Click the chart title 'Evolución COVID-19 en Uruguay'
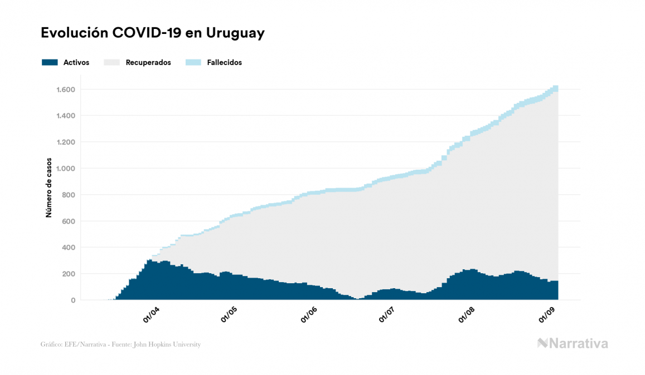click(x=152, y=33)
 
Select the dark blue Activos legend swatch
click(x=50, y=62)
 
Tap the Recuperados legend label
click(x=148, y=62)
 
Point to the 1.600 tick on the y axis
click(x=66, y=90)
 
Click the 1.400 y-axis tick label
click(x=66, y=116)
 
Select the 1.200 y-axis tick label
click(x=66, y=142)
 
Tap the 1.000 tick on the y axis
click(x=66, y=169)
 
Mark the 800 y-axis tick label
click(x=69, y=195)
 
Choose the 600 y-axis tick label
click(x=69, y=221)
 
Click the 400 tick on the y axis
click(x=69, y=248)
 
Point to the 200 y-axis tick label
click(x=69, y=274)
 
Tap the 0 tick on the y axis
click(x=73, y=300)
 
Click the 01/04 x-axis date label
click(x=152, y=315)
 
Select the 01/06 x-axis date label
click(x=309, y=315)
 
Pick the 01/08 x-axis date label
click(x=467, y=315)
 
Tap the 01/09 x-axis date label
click(x=547, y=315)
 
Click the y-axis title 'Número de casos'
click(x=49, y=187)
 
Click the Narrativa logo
click(x=573, y=343)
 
